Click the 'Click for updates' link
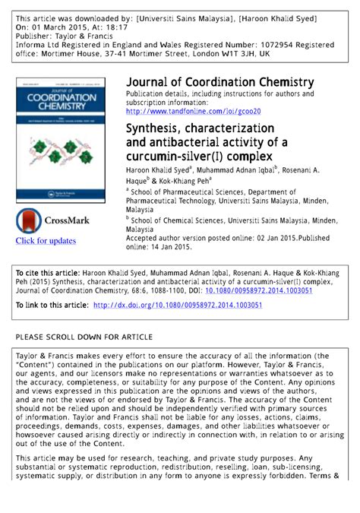pyautogui.click(x=46, y=241)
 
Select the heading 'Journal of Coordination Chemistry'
pyautogui.click(x=219, y=82)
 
